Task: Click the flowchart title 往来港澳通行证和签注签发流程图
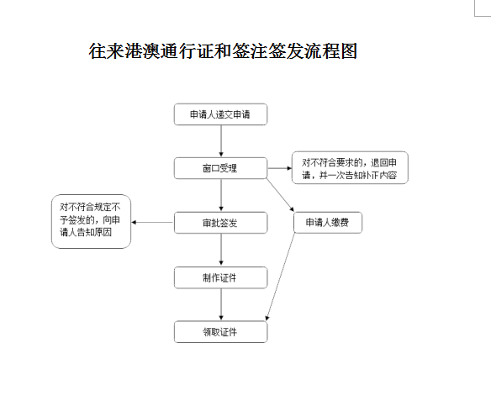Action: tap(223, 51)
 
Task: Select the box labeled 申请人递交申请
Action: tap(221, 114)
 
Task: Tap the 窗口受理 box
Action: tap(221, 168)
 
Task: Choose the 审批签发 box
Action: tap(221, 223)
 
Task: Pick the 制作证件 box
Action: tap(221, 277)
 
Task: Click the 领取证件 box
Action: tap(221, 332)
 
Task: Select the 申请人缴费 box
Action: tap(328, 223)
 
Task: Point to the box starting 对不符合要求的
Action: tap(350, 168)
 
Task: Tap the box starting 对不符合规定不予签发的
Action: tap(91, 222)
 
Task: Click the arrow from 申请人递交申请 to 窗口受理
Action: tap(221, 141)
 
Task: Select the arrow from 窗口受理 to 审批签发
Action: tap(221, 195)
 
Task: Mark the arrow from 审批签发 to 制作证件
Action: tap(221, 250)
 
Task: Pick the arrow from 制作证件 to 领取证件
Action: tap(221, 304)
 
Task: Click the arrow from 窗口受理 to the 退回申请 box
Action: tap(280, 168)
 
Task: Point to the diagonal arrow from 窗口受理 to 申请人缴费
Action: tap(280, 195)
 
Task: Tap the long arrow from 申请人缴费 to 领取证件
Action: tap(281, 277)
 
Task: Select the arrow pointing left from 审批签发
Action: tap(152, 222)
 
